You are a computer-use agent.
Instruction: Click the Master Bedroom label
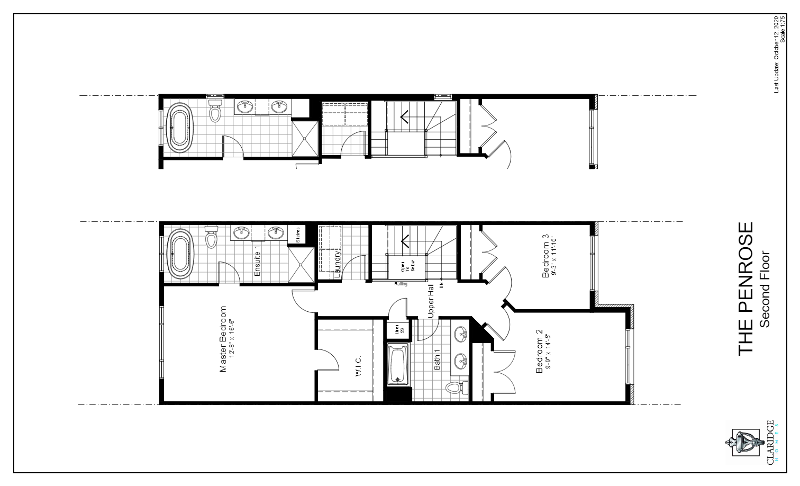pos(223,339)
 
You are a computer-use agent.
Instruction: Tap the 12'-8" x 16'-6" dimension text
pos(231,339)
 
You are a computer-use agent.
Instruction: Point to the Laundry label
pos(337,264)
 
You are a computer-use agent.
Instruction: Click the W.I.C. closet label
pos(358,366)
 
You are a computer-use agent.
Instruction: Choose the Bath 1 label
pos(437,361)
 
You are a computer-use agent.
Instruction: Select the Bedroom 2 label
pos(539,352)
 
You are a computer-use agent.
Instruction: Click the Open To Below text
pos(407,266)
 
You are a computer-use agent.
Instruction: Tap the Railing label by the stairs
pos(401,284)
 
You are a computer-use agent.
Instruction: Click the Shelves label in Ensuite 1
pos(298,235)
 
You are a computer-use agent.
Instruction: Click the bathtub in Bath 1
pos(397,364)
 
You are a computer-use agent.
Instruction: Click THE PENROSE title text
pos(745,289)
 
